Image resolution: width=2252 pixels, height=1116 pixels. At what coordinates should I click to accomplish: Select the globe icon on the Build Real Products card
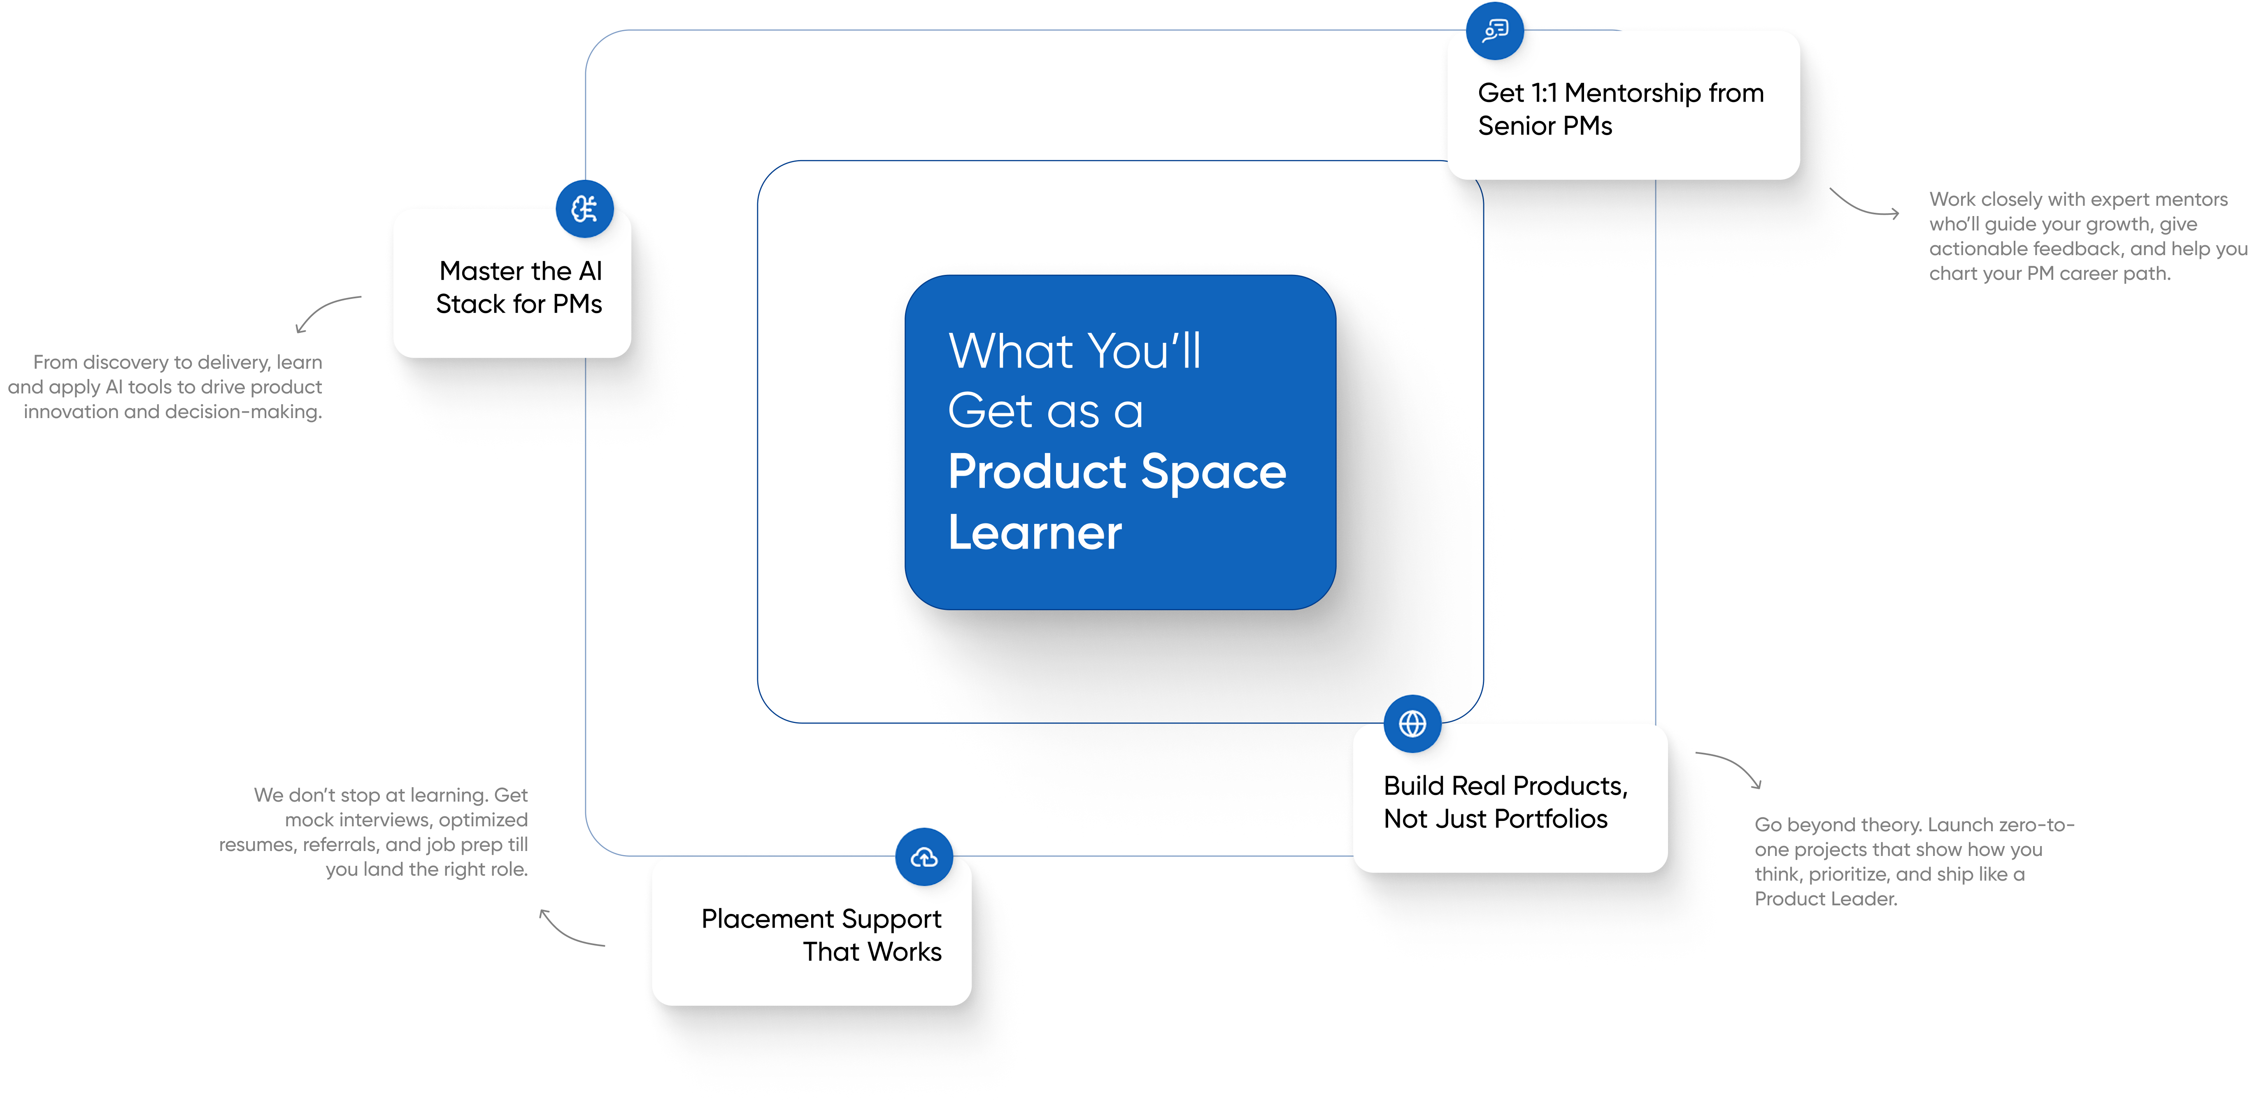(x=1412, y=723)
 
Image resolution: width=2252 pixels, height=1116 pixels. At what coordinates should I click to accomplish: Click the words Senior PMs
(x=1545, y=126)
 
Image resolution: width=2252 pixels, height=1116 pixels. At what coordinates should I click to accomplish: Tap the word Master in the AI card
(x=481, y=271)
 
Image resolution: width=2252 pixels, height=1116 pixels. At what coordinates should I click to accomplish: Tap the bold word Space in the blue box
(x=1213, y=472)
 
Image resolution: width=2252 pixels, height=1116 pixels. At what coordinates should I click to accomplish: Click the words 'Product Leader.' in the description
(x=1825, y=898)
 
